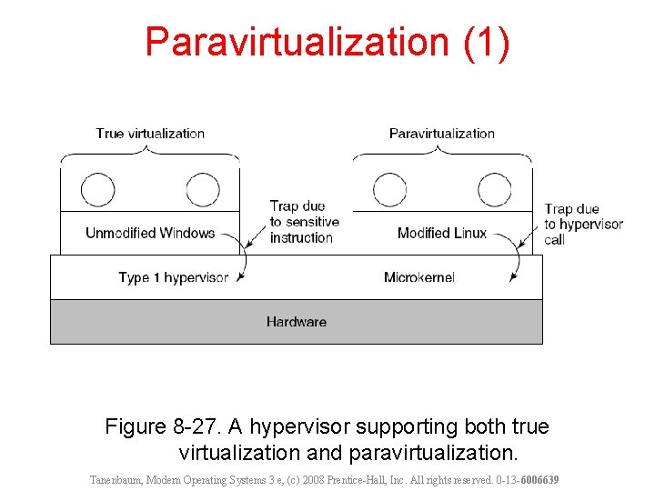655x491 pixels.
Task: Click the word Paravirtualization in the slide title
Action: (x=297, y=43)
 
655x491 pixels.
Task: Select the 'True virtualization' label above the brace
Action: (x=150, y=134)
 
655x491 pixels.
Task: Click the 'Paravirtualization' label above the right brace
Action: (x=441, y=134)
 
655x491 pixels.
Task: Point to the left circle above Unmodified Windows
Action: (x=98, y=190)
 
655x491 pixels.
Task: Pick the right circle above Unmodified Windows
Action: (x=203, y=190)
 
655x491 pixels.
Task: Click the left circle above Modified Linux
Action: (x=389, y=190)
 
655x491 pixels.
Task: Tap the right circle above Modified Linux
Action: (x=494, y=190)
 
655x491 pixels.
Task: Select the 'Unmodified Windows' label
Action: (x=150, y=234)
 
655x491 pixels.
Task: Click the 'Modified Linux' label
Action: (x=442, y=234)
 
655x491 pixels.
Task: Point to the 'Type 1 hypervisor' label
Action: (x=173, y=277)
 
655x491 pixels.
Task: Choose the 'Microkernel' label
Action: (x=418, y=277)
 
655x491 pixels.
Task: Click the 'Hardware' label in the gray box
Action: (x=296, y=322)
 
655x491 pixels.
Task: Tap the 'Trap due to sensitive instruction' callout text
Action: (x=304, y=222)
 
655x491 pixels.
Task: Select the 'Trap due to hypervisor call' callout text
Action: (x=583, y=225)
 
